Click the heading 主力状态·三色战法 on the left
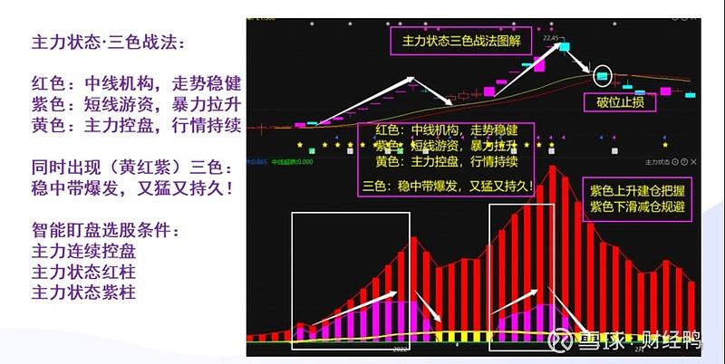point(113,42)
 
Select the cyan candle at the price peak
point(564,44)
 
